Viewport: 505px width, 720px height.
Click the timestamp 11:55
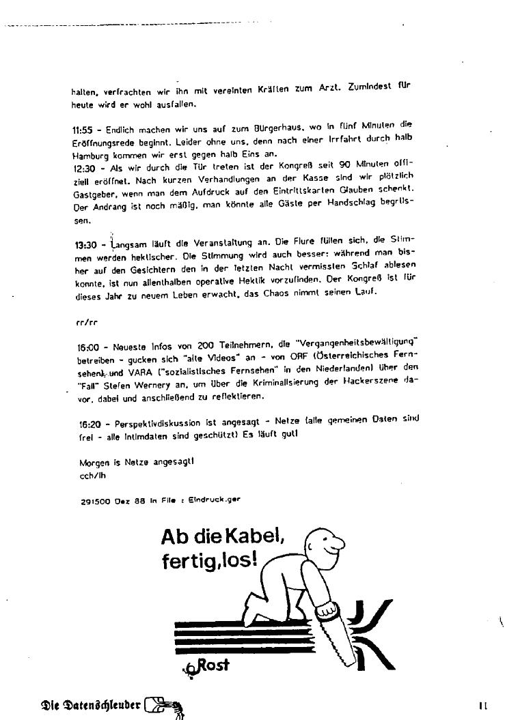(x=82, y=130)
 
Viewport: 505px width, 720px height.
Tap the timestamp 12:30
(x=82, y=167)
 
